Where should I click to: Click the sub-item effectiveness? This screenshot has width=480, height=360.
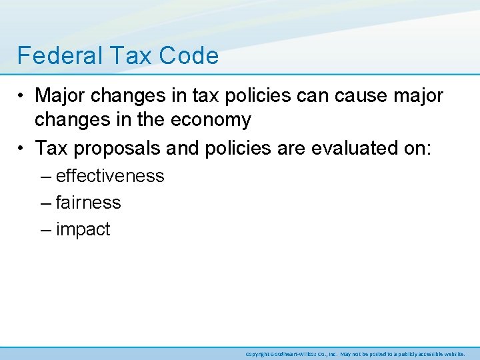110,176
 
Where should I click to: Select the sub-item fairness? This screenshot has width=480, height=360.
89,203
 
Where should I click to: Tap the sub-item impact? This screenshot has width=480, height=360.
83,230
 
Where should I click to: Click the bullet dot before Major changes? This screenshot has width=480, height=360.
22,96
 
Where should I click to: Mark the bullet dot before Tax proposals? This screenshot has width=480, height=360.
22,147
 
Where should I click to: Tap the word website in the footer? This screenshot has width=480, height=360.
453,354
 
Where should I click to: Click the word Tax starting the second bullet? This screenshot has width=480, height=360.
50,147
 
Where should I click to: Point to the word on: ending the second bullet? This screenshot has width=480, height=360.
416,147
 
